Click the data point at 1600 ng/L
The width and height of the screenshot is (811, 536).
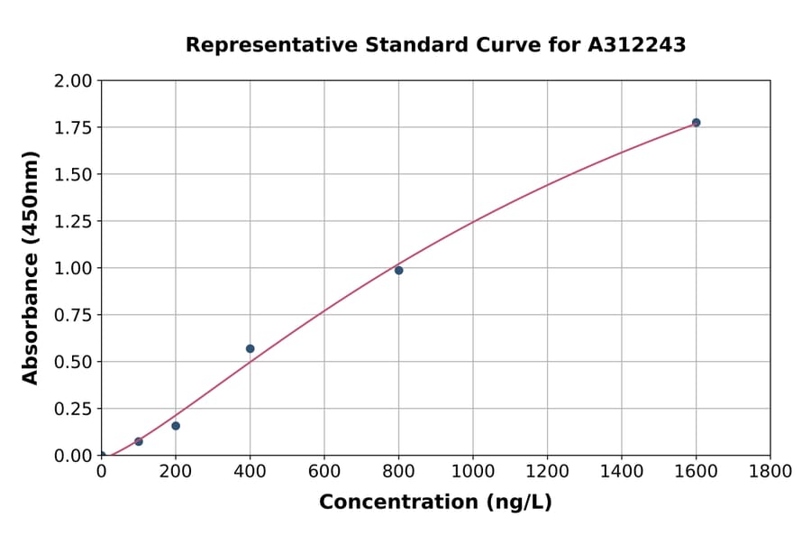click(696, 123)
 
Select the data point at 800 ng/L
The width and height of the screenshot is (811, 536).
click(398, 270)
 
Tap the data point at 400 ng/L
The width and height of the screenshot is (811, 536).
click(250, 348)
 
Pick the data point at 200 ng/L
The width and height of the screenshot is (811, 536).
click(176, 426)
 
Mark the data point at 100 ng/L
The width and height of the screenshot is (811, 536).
click(139, 441)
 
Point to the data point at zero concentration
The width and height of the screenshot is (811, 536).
click(102, 456)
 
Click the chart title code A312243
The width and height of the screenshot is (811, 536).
click(637, 45)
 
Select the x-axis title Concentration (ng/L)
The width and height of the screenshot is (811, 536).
click(435, 503)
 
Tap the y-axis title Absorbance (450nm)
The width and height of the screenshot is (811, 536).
click(31, 268)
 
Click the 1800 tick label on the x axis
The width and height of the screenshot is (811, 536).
click(770, 472)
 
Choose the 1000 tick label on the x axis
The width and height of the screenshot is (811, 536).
click(472, 472)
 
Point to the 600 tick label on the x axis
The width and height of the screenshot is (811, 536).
click(323, 472)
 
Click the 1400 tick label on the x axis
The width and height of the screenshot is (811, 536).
click(621, 472)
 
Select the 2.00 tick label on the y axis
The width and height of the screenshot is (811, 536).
click(73, 81)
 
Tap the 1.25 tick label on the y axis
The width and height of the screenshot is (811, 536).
click(73, 221)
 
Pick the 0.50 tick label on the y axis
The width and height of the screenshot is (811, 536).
click(73, 362)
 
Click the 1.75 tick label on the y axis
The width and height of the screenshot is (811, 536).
click(73, 128)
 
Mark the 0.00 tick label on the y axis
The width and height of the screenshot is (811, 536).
click(73, 456)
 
